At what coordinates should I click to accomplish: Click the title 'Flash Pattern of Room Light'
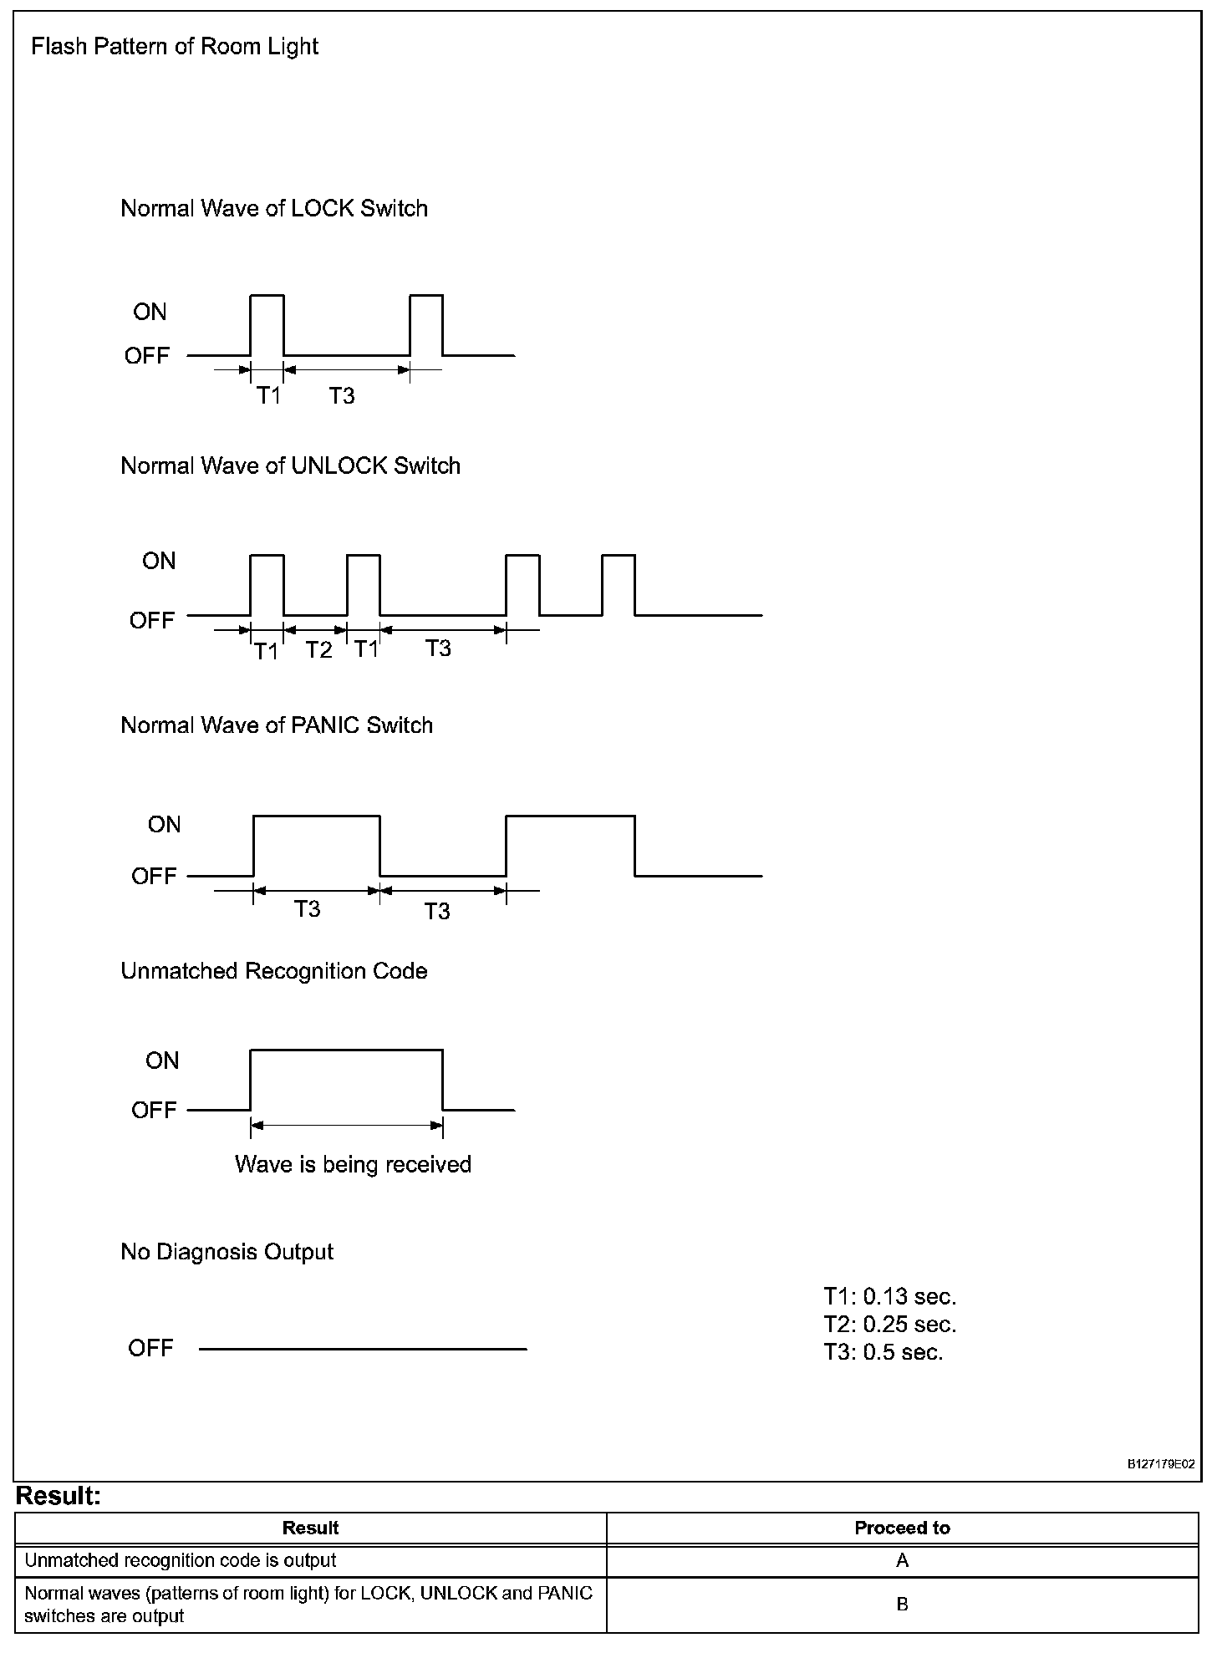pos(174,47)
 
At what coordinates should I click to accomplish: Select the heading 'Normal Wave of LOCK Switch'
pos(274,209)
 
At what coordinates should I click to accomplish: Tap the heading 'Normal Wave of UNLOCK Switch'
pos(290,466)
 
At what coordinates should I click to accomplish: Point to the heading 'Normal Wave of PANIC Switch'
pos(277,725)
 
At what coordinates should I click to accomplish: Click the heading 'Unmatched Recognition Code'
pos(274,971)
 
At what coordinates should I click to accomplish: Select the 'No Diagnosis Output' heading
pos(227,1252)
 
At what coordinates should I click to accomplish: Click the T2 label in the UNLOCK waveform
pos(318,650)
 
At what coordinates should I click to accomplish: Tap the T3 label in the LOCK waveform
pos(341,396)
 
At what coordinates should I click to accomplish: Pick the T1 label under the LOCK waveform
pos(268,396)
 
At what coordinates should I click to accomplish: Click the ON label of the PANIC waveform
pos(164,825)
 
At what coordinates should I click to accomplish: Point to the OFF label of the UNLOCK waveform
pos(151,621)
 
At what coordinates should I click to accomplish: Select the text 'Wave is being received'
pos(353,1165)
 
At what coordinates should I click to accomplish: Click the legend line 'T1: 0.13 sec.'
pos(889,1297)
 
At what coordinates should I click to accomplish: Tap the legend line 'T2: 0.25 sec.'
pos(889,1325)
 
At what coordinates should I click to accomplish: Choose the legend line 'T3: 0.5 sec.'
pos(883,1352)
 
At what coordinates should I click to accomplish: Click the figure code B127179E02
pos(1161,1465)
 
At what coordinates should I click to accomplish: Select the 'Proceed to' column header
pos(902,1528)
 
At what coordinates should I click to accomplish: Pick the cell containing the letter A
pos(902,1561)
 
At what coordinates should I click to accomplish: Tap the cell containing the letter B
pos(902,1605)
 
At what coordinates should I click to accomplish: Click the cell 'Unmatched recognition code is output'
pos(181,1561)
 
